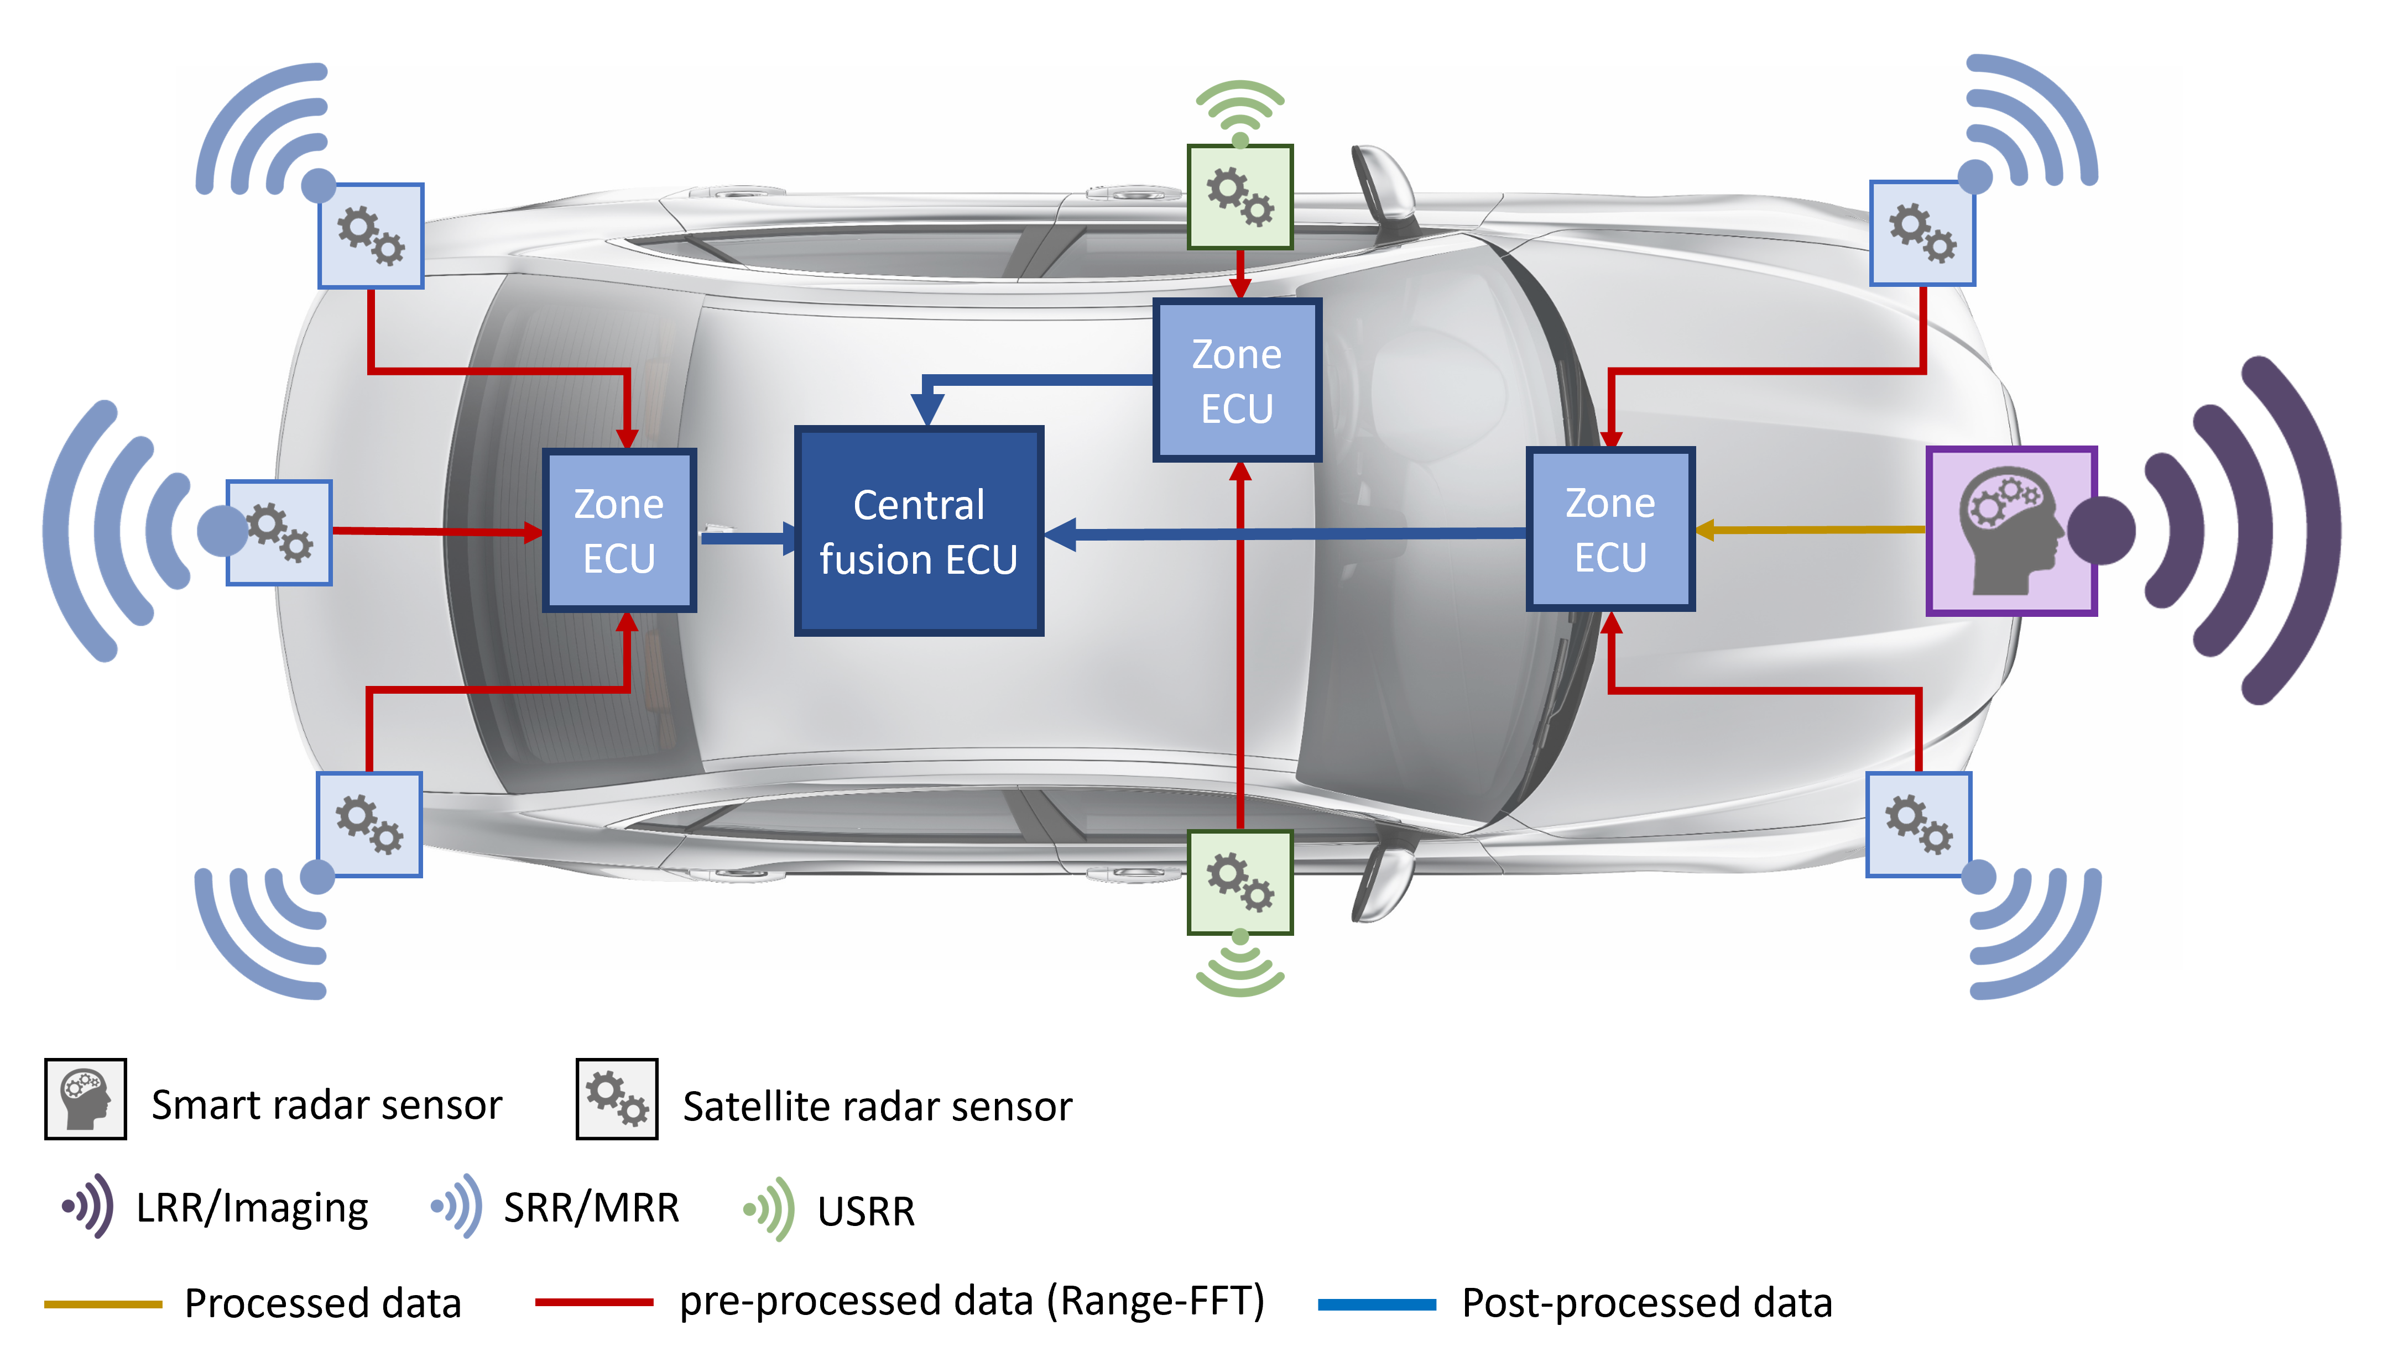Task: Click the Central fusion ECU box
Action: (919, 531)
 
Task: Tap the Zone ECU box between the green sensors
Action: (1237, 380)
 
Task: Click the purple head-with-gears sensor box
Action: (2011, 531)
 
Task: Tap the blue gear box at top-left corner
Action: (371, 236)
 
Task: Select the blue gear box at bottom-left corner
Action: (369, 825)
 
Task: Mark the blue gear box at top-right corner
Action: (1922, 233)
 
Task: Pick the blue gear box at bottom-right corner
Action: (1919, 825)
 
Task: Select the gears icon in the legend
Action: (617, 1099)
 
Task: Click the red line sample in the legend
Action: (594, 1302)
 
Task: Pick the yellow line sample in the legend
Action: (103, 1304)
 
